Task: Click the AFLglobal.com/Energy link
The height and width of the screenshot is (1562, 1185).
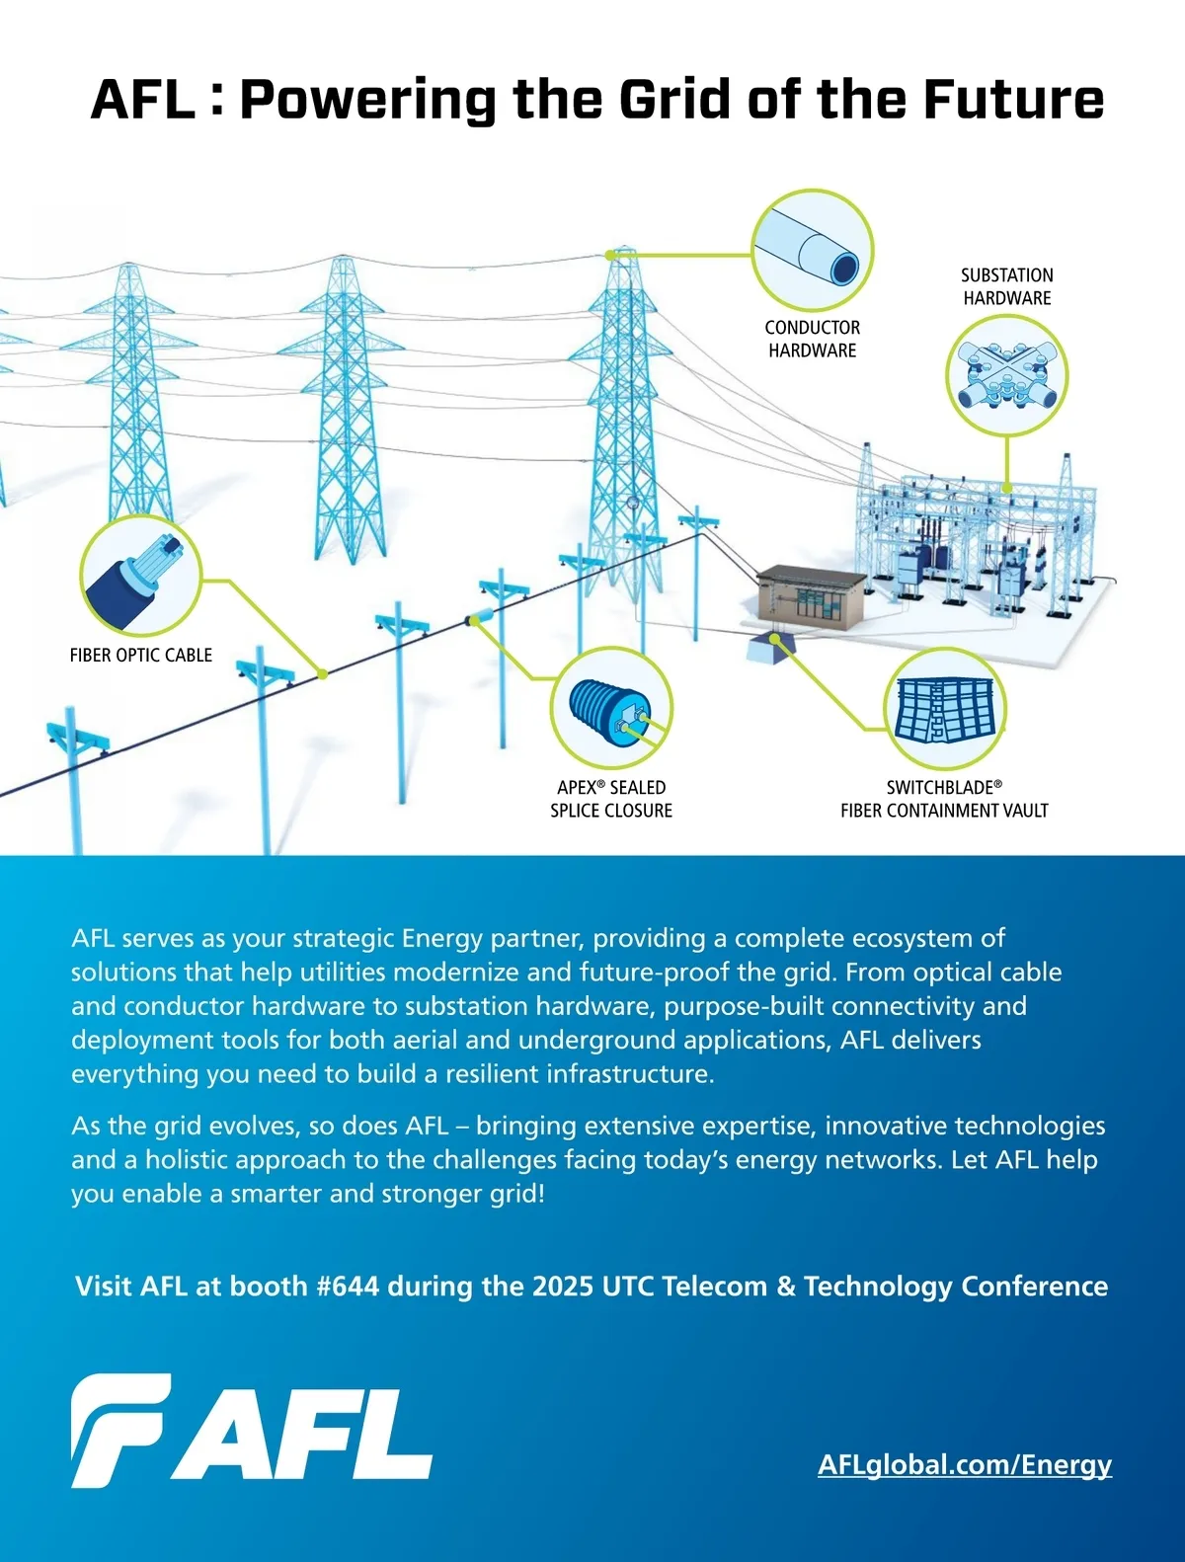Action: [964, 1464]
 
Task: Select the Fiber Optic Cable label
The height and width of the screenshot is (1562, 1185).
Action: [141, 655]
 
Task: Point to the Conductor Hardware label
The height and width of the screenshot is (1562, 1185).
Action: [812, 339]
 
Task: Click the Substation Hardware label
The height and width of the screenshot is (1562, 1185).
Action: [1006, 286]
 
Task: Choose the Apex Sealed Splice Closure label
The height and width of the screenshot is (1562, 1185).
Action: [611, 799]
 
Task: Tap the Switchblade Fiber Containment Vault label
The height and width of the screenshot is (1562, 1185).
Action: [944, 799]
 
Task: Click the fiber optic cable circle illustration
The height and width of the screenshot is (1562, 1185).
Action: [141, 576]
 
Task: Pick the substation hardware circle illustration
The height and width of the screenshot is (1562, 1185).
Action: [1006, 375]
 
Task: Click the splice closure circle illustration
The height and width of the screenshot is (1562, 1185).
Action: [611, 709]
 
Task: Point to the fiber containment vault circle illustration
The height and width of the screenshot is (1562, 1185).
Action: [944, 709]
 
